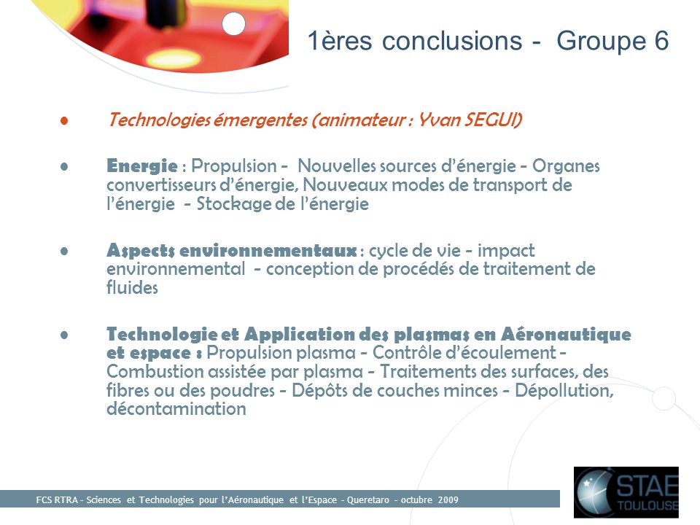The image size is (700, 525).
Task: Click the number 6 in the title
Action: (x=661, y=41)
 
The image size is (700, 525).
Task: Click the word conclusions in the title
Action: (x=452, y=41)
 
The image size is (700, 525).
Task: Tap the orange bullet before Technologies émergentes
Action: (x=64, y=120)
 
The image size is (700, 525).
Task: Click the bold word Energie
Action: (x=142, y=166)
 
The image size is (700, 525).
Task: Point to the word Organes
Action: (x=566, y=166)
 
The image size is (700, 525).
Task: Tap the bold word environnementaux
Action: (x=268, y=250)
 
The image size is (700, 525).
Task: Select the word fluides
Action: (x=132, y=287)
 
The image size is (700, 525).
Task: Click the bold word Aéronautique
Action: (x=566, y=334)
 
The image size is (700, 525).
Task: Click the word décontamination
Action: (x=176, y=408)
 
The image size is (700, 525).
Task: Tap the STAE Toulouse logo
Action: (x=626, y=492)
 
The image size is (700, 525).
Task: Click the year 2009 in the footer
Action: (x=448, y=499)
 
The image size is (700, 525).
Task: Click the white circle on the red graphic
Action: (x=233, y=23)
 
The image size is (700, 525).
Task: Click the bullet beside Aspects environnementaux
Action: (x=64, y=252)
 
